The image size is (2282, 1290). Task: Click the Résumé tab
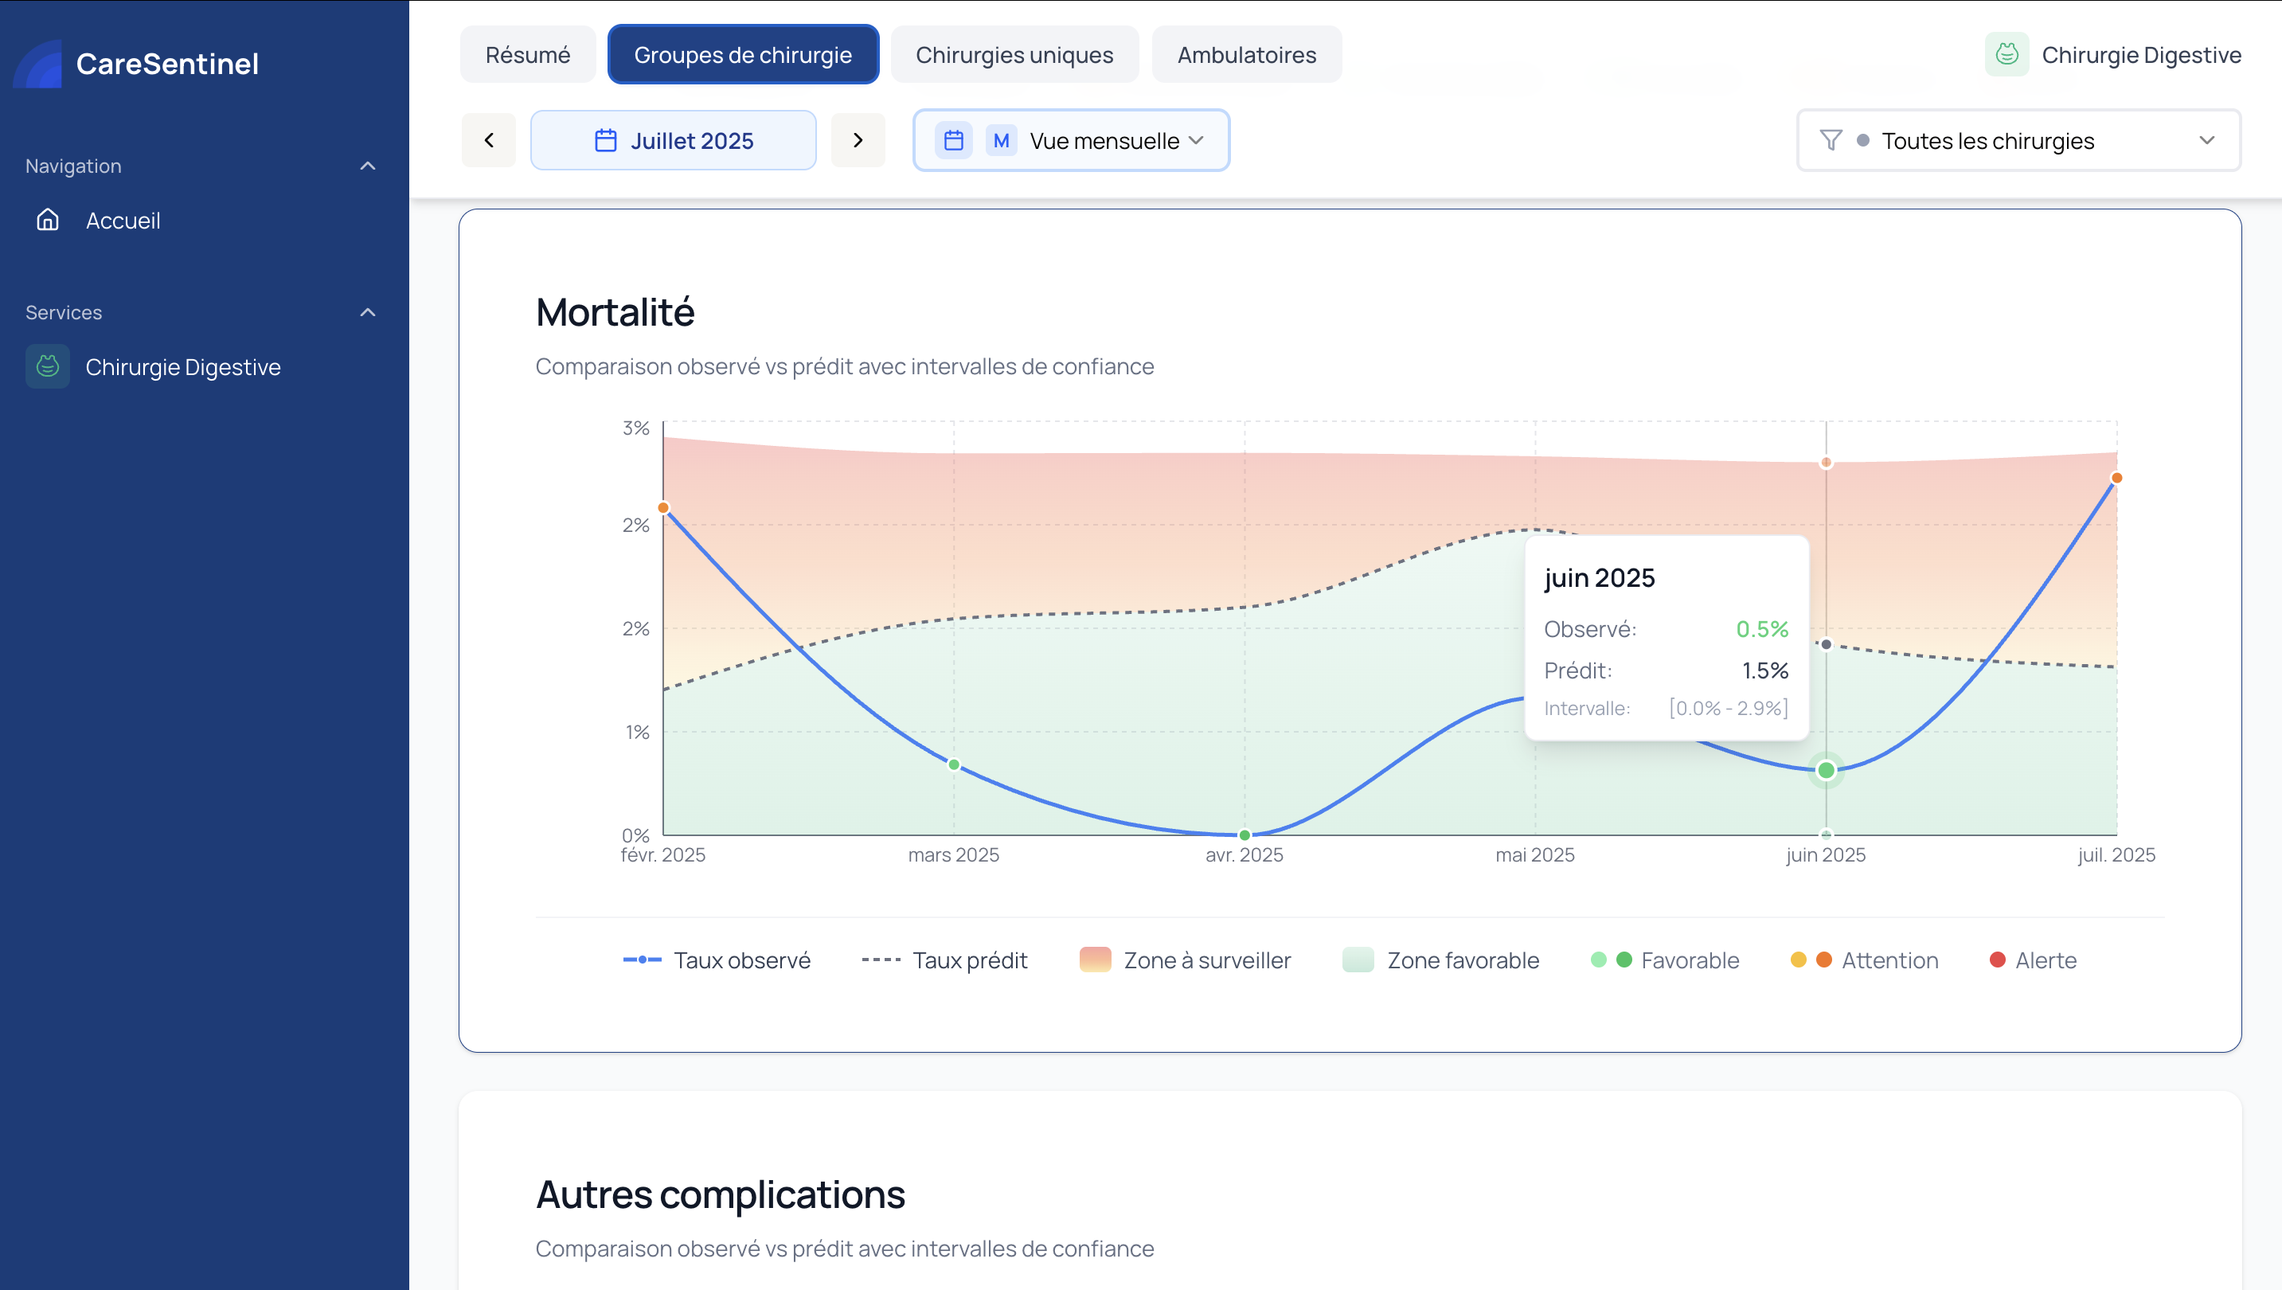pyautogui.click(x=527, y=55)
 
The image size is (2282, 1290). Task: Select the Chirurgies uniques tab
pyautogui.click(x=1014, y=55)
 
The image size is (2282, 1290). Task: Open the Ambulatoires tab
pyautogui.click(x=1245, y=55)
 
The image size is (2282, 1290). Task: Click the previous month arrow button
pyautogui.click(x=488, y=140)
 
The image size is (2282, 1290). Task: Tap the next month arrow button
pyautogui.click(x=857, y=140)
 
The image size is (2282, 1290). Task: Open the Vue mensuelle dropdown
pyautogui.click(x=1070, y=140)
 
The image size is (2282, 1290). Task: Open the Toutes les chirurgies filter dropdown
pyautogui.click(x=2017, y=140)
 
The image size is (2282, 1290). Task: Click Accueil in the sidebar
pyautogui.click(x=123, y=221)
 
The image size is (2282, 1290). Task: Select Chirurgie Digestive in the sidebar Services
pyautogui.click(x=182, y=367)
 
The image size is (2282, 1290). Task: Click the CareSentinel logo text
pyautogui.click(x=166, y=64)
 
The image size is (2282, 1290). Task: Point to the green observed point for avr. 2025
pyautogui.click(x=1244, y=835)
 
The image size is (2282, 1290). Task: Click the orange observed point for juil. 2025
pyautogui.click(x=2116, y=479)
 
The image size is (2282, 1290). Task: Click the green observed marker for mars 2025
pyautogui.click(x=953, y=764)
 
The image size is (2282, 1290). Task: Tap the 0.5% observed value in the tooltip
pyautogui.click(x=1761, y=629)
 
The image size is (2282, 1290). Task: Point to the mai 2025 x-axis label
pyautogui.click(x=1534, y=855)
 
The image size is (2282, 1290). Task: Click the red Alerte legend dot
pyautogui.click(x=1997, y=960)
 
